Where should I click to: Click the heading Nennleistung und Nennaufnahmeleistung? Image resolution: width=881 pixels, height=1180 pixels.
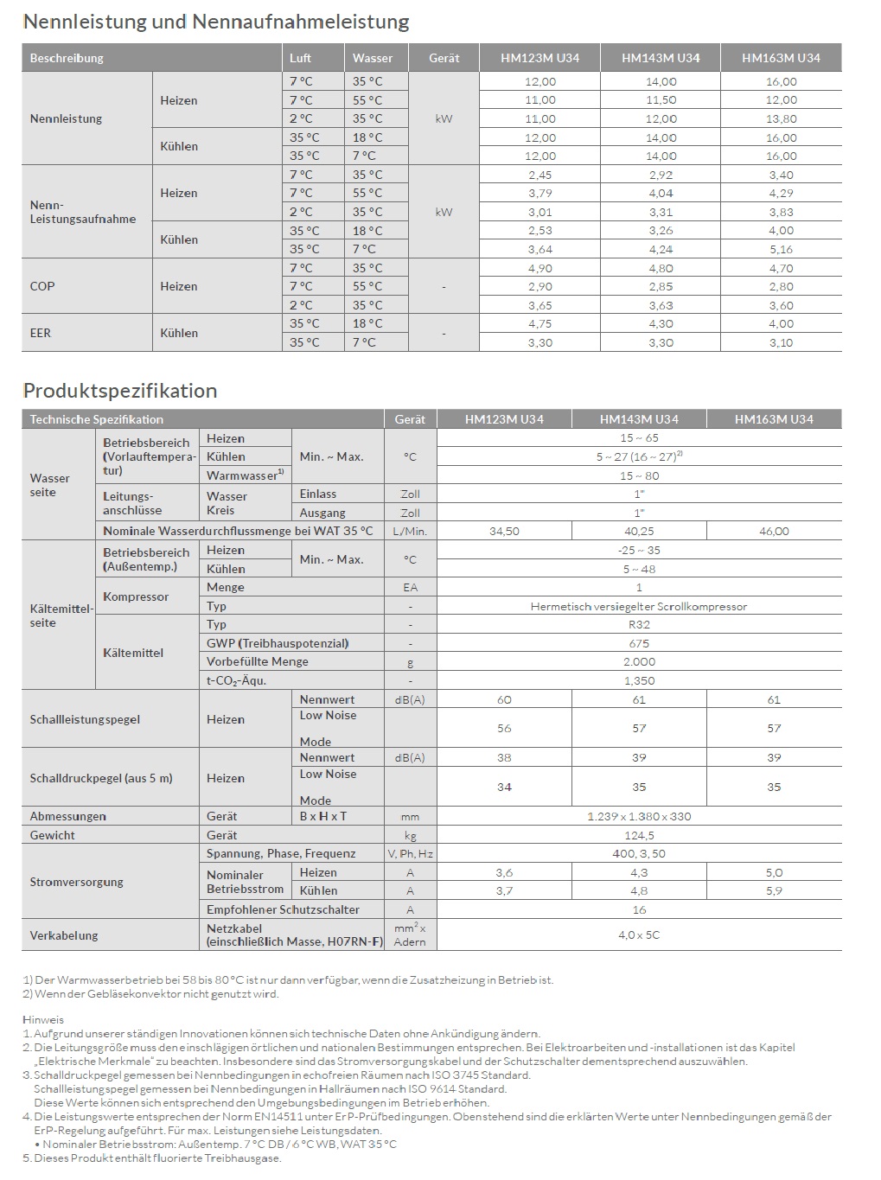(x=216, y=22)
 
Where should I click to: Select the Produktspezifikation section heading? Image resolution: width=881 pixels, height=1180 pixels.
(x=120, y=390)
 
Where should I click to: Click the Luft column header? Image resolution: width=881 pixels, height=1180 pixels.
(x=301, y=58)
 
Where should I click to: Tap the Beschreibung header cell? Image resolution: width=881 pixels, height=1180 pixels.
(x=67, y=58)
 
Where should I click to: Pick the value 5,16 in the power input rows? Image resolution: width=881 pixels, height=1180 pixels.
(x=781, y=249)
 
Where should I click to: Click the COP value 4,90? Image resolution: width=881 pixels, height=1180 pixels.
(x=540, y=268)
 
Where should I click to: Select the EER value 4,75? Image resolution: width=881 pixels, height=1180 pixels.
(x=540, y=324)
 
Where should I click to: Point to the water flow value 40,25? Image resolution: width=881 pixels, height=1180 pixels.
(x=639, y=532)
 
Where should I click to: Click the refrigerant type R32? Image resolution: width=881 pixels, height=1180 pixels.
(x=639, y=625)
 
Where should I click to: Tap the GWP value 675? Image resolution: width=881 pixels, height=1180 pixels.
(x=639, y=643)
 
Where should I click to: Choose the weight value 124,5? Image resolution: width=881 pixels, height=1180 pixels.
(x=639, y=835)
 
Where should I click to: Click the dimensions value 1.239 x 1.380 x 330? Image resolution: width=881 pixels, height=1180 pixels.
(x=639, y=816)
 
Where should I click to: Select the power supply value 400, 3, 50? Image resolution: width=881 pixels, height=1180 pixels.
(x=639, y=853)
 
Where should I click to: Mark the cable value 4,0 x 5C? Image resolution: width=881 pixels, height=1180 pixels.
(x=639, y=935)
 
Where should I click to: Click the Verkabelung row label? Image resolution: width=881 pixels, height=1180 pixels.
(x=64, y=935)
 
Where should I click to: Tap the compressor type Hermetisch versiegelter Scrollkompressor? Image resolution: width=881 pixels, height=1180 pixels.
(x=639, y=607)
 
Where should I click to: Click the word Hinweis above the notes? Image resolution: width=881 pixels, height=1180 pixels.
(x=43, y=1019)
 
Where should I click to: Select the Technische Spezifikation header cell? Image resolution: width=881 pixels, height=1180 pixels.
(x=96, y=419)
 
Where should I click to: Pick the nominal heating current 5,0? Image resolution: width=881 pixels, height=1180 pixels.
(x=774, y=873)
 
